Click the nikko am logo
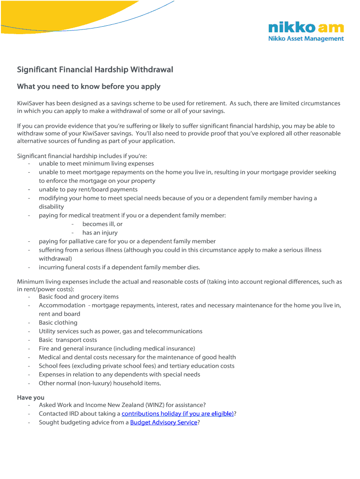[306, 28]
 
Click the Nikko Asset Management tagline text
[306, 39]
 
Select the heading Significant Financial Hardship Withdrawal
[95, 70]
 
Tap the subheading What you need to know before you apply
[89, 87]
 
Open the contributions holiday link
[178, 414]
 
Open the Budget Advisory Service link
[164, 422]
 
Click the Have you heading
[31, 398]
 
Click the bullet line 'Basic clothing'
[58, 323]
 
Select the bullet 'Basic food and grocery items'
[79, 297]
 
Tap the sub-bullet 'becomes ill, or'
[102, 224]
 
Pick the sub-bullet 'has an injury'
[100, 233]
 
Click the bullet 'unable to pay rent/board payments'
[88, 189]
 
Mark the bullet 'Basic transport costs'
[68, 340]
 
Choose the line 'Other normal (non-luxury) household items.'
[100, 383]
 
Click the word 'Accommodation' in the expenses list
[62, 305]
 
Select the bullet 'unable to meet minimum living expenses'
[96, 164]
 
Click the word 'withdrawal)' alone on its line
[55, 259]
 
